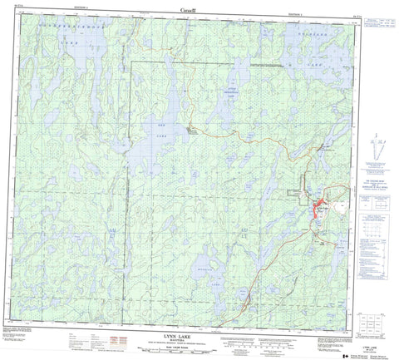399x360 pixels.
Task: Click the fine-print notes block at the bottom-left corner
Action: (x=25, y=337)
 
